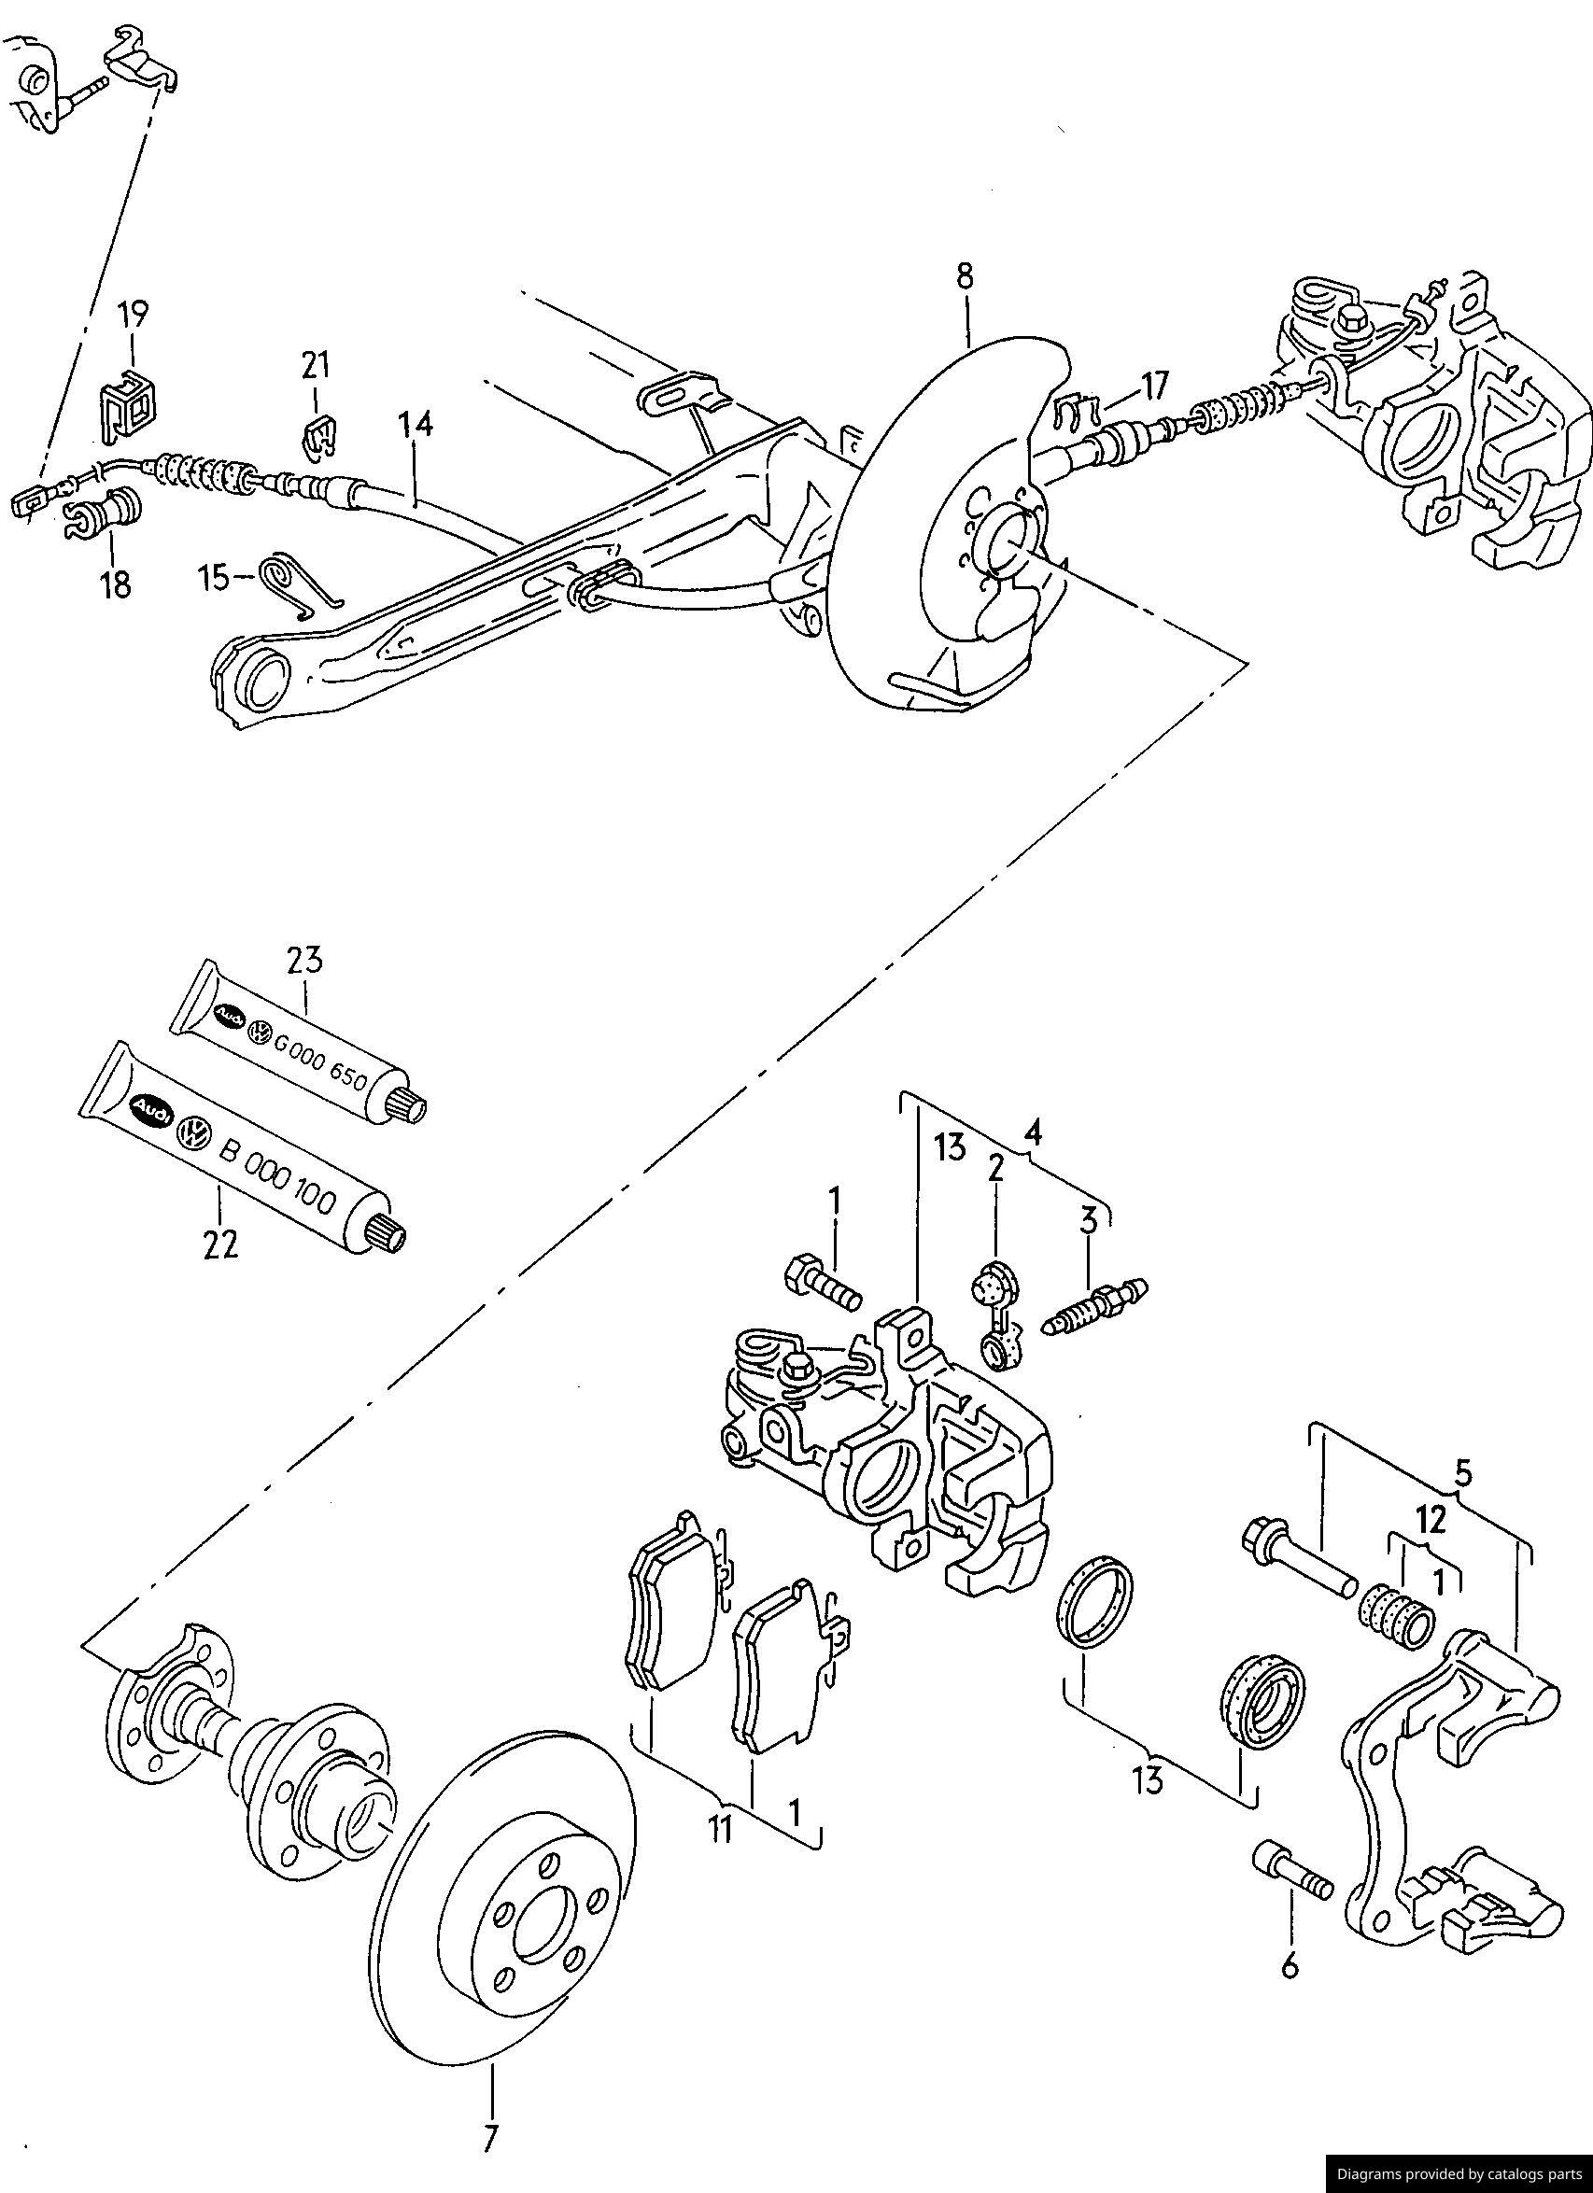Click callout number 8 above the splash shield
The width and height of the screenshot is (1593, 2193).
tap(966, 276)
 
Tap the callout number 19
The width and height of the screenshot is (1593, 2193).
tap(134, 316)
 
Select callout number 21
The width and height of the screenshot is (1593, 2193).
tap(316, 366)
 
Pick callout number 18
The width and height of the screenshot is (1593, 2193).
tap(115, 584)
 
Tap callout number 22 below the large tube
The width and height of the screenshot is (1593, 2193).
tap(219, 1244)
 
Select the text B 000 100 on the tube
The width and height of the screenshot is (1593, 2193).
tap(277, 1175)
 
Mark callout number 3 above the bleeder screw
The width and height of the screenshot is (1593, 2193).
tap(1089, 1221)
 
